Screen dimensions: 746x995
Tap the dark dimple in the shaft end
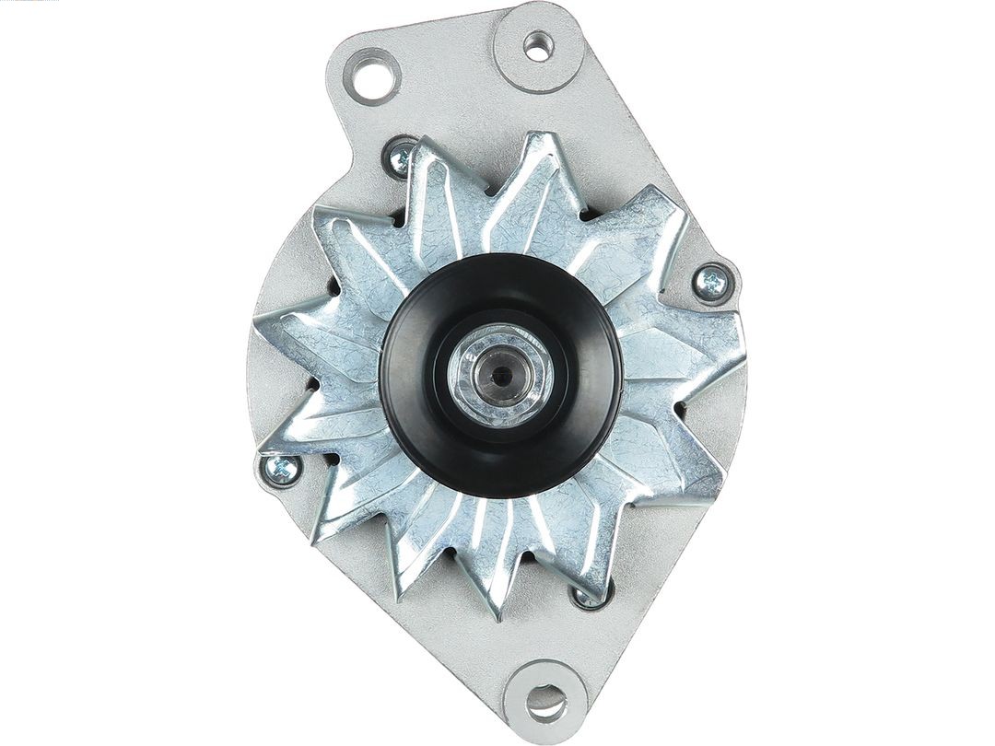(x=498, y=375)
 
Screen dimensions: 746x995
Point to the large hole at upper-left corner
(x=372, y=76)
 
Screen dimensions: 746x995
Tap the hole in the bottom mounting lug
(x=546, y=701)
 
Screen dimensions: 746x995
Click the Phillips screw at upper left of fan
(x=401, y=159)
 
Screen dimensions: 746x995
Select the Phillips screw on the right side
(x=712, y=283)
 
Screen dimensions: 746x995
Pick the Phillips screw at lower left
(x=281, y=469)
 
